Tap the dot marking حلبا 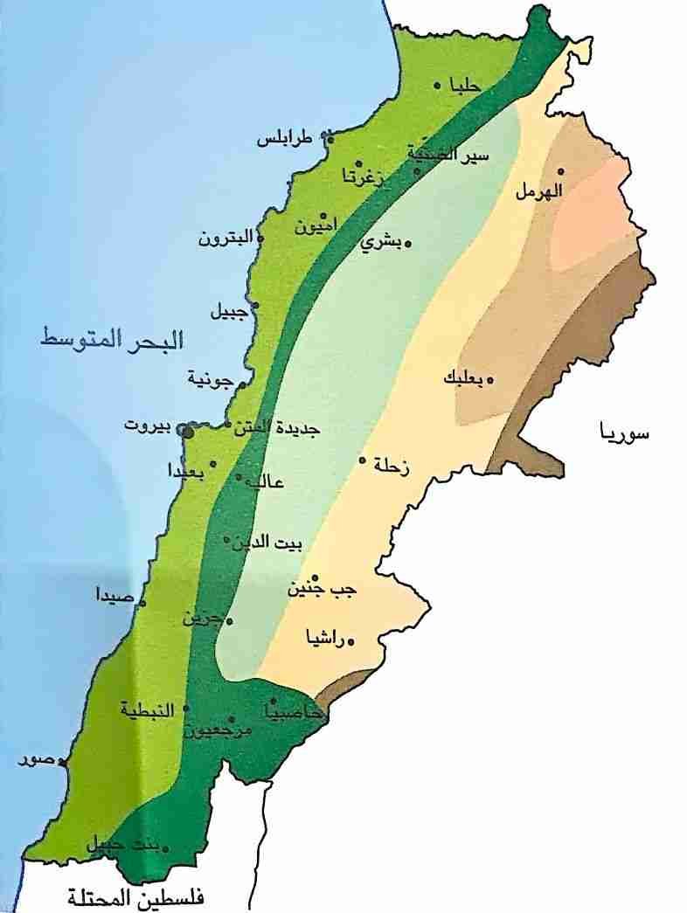(438, 86)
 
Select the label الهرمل (540, 190)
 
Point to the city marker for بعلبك (490, 379)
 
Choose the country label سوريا (624, 432)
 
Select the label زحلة (392, 467)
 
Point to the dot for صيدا (142, 602)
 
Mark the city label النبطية (150, 709)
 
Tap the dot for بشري (407, 245)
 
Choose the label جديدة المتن (278, 429)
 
